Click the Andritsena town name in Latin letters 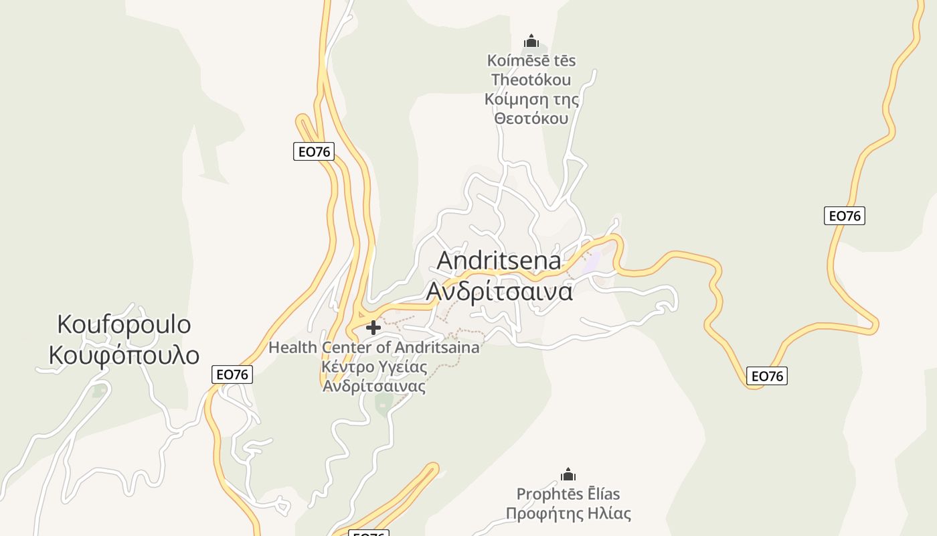[x=499, y=260]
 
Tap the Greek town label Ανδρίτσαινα [x=499, y=291]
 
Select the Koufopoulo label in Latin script [x=124, y=324]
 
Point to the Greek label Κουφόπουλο [x=124, y=354]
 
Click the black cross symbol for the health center [x=373, y=328]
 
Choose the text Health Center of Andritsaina [x=373, y=348]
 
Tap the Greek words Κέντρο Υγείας [x=373, y=366]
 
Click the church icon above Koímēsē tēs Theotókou [x=531, y=42]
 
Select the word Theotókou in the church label [x=531, y=80]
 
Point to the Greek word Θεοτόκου [x=531, y=119]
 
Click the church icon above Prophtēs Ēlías [x=568, y=475]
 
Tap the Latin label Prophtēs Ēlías [x=568, y=494]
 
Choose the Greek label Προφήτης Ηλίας [x=568, y=514]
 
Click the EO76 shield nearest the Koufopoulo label [x=232, y=375]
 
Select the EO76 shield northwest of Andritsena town [x=313, y=151]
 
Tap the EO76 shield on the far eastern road [x=844, y=216]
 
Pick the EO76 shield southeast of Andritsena [x=766, y=376]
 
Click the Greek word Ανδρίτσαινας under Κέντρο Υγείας [x=373, y=386]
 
